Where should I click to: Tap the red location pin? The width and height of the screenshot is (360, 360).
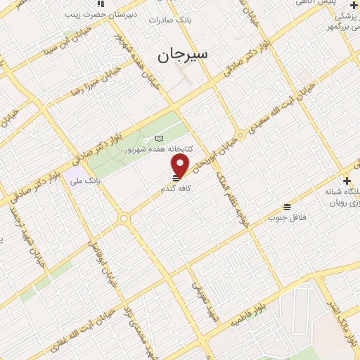181,165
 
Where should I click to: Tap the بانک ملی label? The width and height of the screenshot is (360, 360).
88,181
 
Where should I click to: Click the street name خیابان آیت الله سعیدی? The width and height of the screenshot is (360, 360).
271,115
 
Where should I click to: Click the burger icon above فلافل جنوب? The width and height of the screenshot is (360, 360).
287,206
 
